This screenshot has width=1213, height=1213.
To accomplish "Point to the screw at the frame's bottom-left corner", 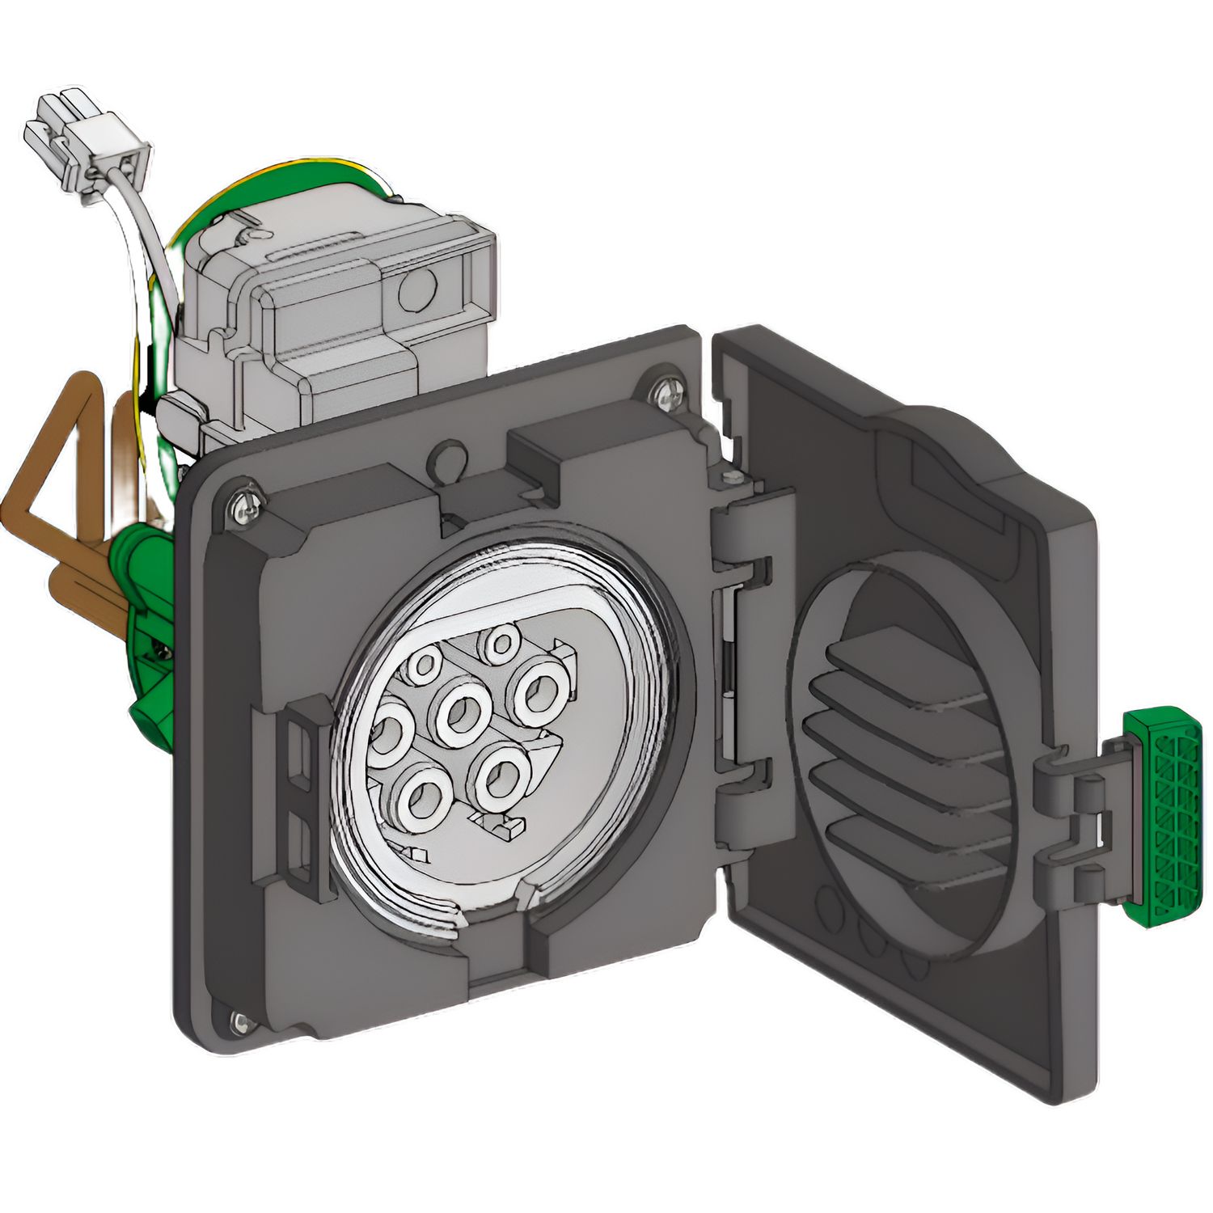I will (x=239, y=1022).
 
